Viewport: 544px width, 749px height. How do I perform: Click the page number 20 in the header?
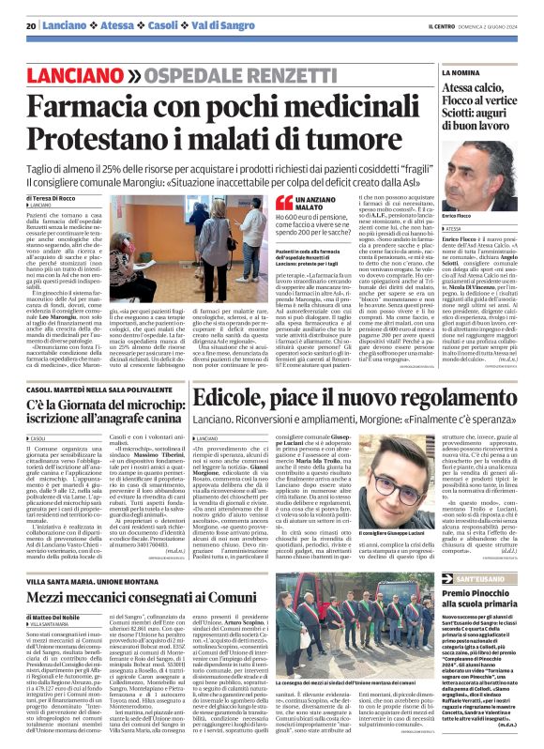pos(31,25)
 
